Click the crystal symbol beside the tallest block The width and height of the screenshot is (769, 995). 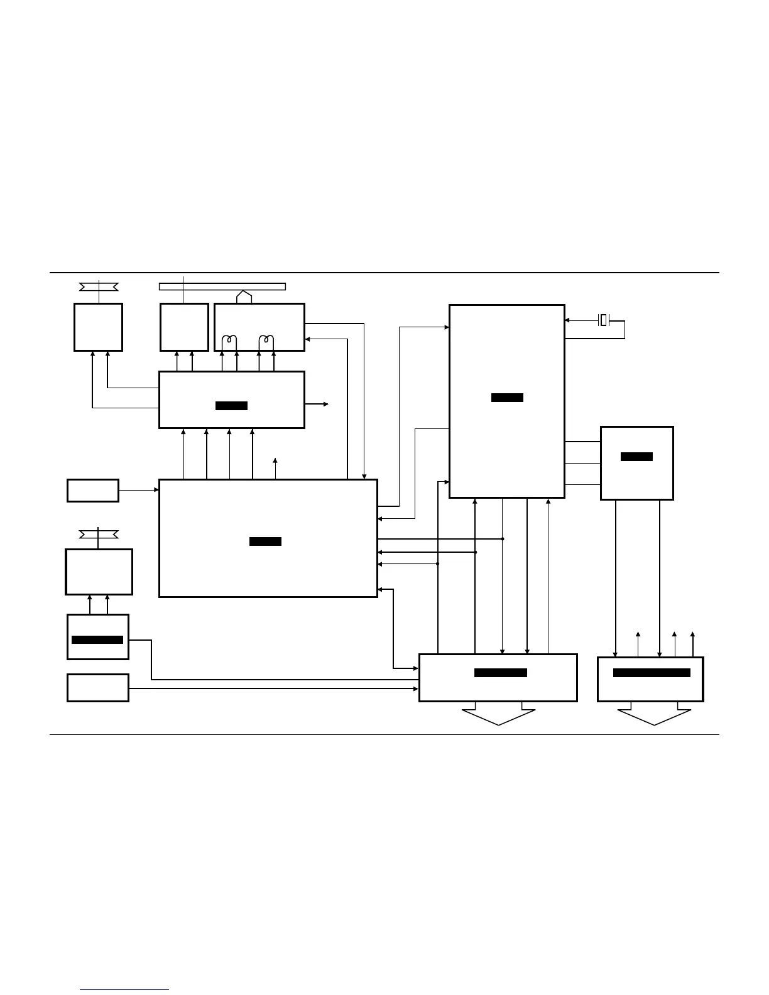603,320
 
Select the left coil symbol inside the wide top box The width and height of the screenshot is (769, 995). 229,342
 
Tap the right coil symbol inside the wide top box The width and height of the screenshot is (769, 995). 266,342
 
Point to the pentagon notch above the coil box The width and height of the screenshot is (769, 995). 244,296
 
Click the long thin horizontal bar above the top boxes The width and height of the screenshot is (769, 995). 222,287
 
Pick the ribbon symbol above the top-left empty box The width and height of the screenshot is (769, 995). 99,287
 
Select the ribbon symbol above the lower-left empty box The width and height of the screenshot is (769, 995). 99,535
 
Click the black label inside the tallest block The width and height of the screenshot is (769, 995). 507,398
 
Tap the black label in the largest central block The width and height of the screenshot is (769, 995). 265,541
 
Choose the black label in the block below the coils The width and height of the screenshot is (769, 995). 231,406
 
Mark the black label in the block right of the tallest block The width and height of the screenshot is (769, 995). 636,457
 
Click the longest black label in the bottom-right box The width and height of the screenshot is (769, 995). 652,673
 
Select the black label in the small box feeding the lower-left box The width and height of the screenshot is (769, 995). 97,640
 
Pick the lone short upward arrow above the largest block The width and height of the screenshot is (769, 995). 275,468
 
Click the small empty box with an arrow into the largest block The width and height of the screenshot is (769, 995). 93,491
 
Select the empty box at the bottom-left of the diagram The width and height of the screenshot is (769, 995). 98,688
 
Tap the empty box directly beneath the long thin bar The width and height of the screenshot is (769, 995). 184,327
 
